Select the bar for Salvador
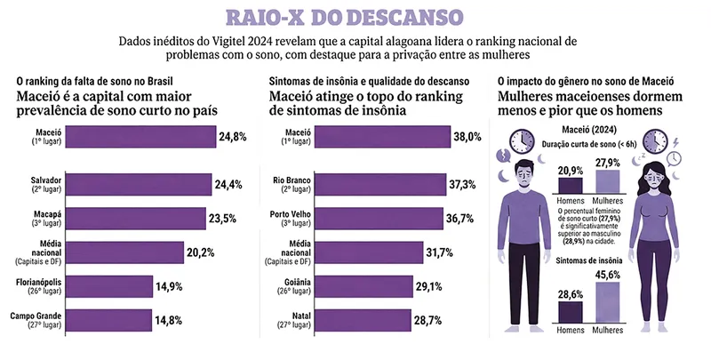coord(141,185)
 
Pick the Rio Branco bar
coord(374,185)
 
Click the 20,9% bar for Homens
coord(571,186)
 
